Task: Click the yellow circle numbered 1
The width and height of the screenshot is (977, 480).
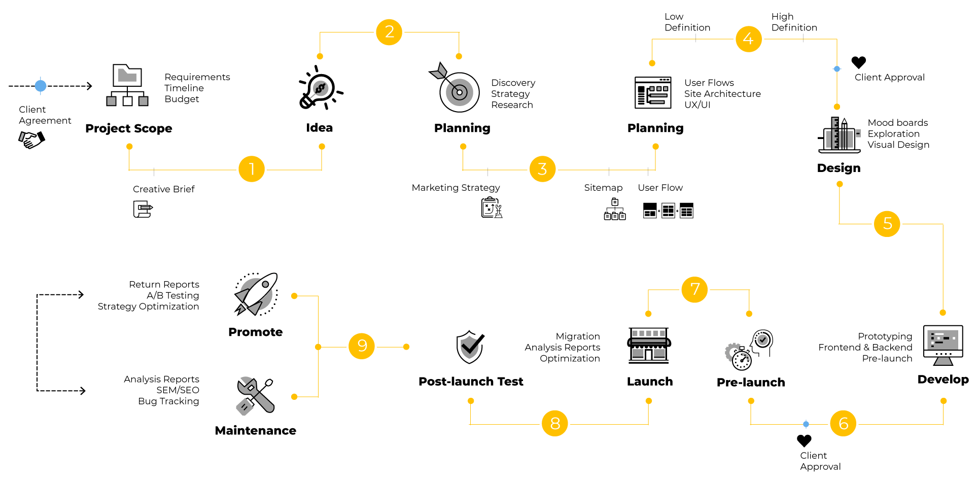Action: (x=252, y=169)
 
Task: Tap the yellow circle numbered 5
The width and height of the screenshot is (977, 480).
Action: (x=887, y=224)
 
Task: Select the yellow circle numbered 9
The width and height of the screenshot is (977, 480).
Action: (x=362, y=346)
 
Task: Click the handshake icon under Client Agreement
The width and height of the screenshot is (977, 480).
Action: (x=32, y=139)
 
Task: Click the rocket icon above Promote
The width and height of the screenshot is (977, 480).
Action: (x=257, y=294)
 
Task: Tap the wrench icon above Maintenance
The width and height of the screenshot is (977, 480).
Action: (x=255, y=395)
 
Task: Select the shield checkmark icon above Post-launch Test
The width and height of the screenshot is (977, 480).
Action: (x=470, y=347)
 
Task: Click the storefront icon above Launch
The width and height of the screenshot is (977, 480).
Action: (x=649, y=345)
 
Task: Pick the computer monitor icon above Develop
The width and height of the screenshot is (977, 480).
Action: (x=943, y=345)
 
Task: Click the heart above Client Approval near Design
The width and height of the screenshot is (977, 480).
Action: (x=858, y=62)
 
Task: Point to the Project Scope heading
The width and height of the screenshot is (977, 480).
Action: (x=128, y=128)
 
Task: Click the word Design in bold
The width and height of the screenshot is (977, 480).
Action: (x=839, y=168)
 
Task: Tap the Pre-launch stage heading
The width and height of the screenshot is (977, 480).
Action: (x=751, y=383)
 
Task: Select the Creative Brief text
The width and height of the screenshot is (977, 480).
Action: (x=163, y=189)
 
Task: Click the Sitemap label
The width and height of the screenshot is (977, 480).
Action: (x=603, y=188)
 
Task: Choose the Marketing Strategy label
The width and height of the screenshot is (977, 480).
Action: (x=456, y=188)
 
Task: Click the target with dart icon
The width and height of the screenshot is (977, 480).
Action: (x=455, y=88)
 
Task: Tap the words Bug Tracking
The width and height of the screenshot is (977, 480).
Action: (x=168, y=401)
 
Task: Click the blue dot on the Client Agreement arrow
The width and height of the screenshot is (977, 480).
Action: (x=41, y=86)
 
